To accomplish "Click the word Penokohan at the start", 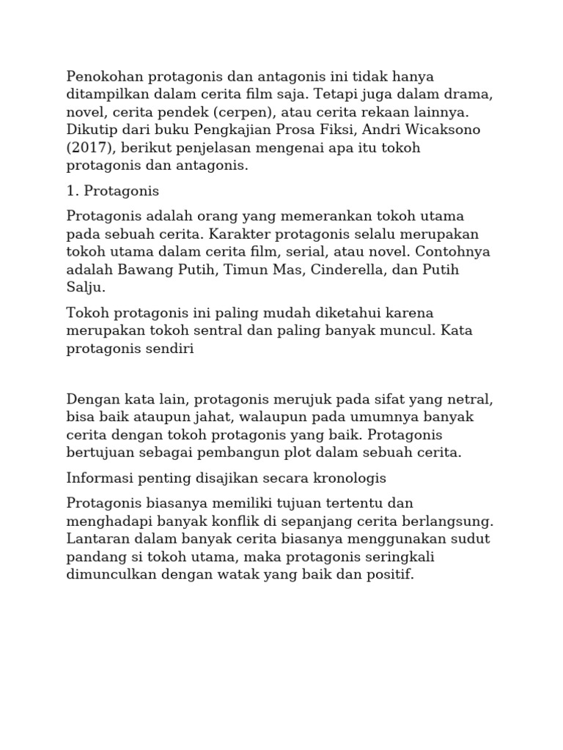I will pyautogui.click(x=105, y=76).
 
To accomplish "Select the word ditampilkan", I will pyautogui.click(x=109, y=94).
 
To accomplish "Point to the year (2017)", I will pyautogui.click(x=89, y=148).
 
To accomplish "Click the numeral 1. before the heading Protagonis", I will pyautogui.click(x=73, y=191).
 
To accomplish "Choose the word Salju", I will pyautogui.click(x=86, y=287).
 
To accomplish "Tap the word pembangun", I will pyautogui.click(x=232, y=453).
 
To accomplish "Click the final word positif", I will pyautogui.click(x=393, y=574).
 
